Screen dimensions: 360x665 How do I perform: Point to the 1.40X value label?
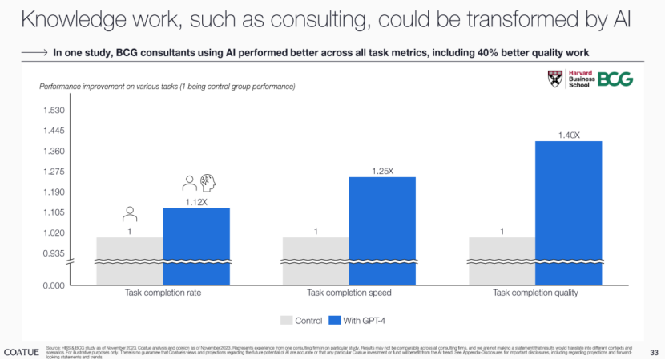click(x=568, y=135)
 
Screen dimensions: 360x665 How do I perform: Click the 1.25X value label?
click(x=382, y=171)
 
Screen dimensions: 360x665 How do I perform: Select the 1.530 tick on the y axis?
click(x=54, y=111)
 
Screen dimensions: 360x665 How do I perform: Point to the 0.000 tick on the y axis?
click(x=54, y=285)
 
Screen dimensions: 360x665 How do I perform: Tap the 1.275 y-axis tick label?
click(x=54, y=172)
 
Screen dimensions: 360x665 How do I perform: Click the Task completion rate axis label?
click(x=163, y=293)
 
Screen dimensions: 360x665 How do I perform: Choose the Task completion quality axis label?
click(x=534, y=293)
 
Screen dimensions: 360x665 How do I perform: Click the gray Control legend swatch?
click(x=286, y=321)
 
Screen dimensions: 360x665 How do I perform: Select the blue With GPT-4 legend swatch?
click(x=335, y=321)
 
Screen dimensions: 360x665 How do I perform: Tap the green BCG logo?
click(x=615, y=79)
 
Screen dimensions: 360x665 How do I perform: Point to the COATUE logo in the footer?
click(x=21, y=351)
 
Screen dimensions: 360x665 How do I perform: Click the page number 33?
click(x=654, y=351)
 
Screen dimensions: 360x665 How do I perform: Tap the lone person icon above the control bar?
click(x=129, y=214)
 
